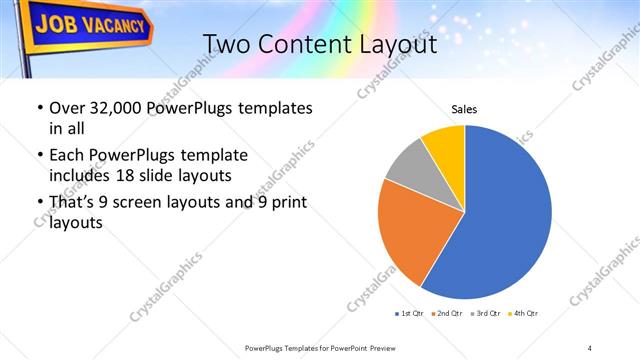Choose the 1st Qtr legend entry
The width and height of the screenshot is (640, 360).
click(410, 314)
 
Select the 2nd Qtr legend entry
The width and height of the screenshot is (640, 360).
click(449, 314)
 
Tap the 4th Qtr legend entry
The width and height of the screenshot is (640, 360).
click(526, 314)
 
